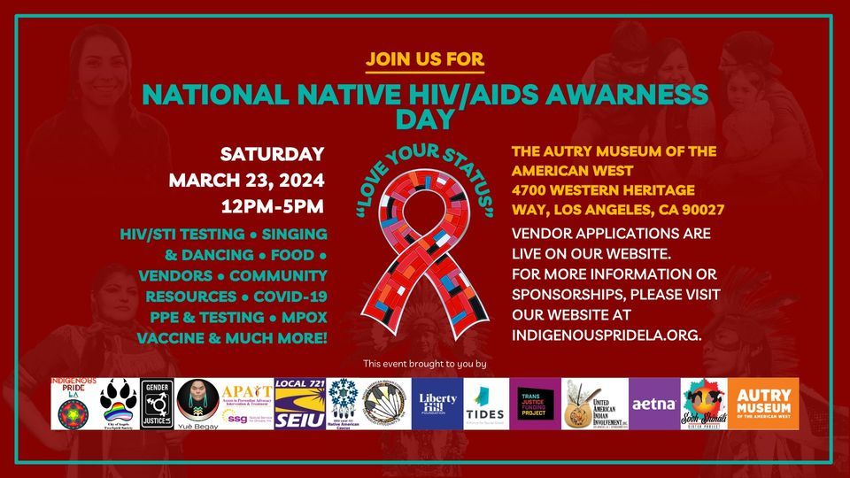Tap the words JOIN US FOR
[425, 60]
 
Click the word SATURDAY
[272, 154]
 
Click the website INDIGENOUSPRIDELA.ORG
[607, 335]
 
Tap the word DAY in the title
[425, 118]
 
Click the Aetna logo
[654, 404]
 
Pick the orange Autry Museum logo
[763, 404]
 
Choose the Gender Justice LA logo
[157, 404]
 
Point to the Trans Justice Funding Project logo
[536, 404]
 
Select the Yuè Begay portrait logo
[197, 404]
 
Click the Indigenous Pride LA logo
[73, 404]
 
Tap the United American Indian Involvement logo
[594, 404]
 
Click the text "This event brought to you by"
[425, 364]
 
